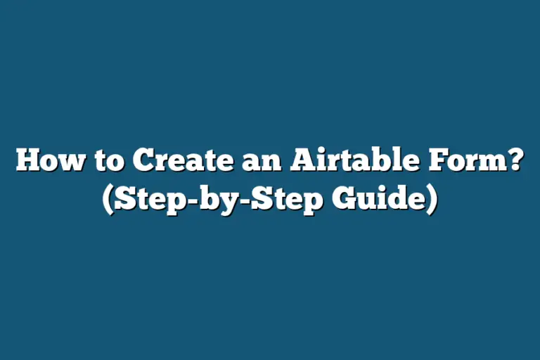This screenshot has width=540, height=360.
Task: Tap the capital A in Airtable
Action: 302,163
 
